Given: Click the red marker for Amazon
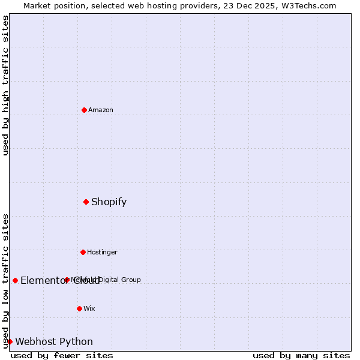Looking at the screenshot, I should click(84, 110).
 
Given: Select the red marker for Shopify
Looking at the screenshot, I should click(86, 202).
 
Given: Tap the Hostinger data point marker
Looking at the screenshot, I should click(83, 252).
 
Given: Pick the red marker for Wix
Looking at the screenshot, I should click(79, 308).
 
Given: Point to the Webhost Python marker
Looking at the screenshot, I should click(10, 341).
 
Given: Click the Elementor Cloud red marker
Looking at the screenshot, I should click(15, 280).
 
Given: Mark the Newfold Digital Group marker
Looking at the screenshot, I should click(67, 280).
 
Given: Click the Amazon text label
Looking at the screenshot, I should click(101, 110).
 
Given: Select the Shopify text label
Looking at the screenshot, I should click(109, 202).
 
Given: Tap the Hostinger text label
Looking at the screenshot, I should click(102, 252).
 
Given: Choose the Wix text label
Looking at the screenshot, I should click(89, 308).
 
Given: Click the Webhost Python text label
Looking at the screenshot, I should click(54, 342).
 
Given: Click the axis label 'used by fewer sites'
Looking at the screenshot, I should click(62, 355).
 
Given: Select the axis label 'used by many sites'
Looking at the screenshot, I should click(301, 355).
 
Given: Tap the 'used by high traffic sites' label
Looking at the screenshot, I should click(5, 85).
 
